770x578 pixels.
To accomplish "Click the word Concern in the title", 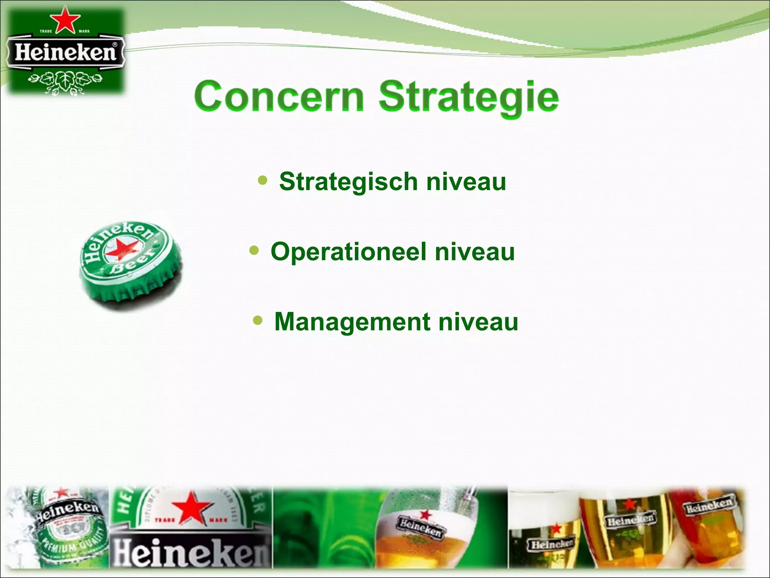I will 279,97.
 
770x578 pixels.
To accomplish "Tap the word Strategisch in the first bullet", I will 348,182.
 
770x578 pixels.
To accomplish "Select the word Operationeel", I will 349,252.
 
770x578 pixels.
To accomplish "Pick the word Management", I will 352,322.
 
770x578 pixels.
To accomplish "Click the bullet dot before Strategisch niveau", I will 263,180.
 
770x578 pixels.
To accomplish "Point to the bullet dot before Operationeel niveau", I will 254,250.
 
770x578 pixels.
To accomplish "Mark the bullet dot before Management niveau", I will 258,321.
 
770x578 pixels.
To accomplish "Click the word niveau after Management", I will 478,322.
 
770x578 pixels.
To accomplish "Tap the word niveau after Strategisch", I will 466,182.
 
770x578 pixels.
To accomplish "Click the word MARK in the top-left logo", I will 84,31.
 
